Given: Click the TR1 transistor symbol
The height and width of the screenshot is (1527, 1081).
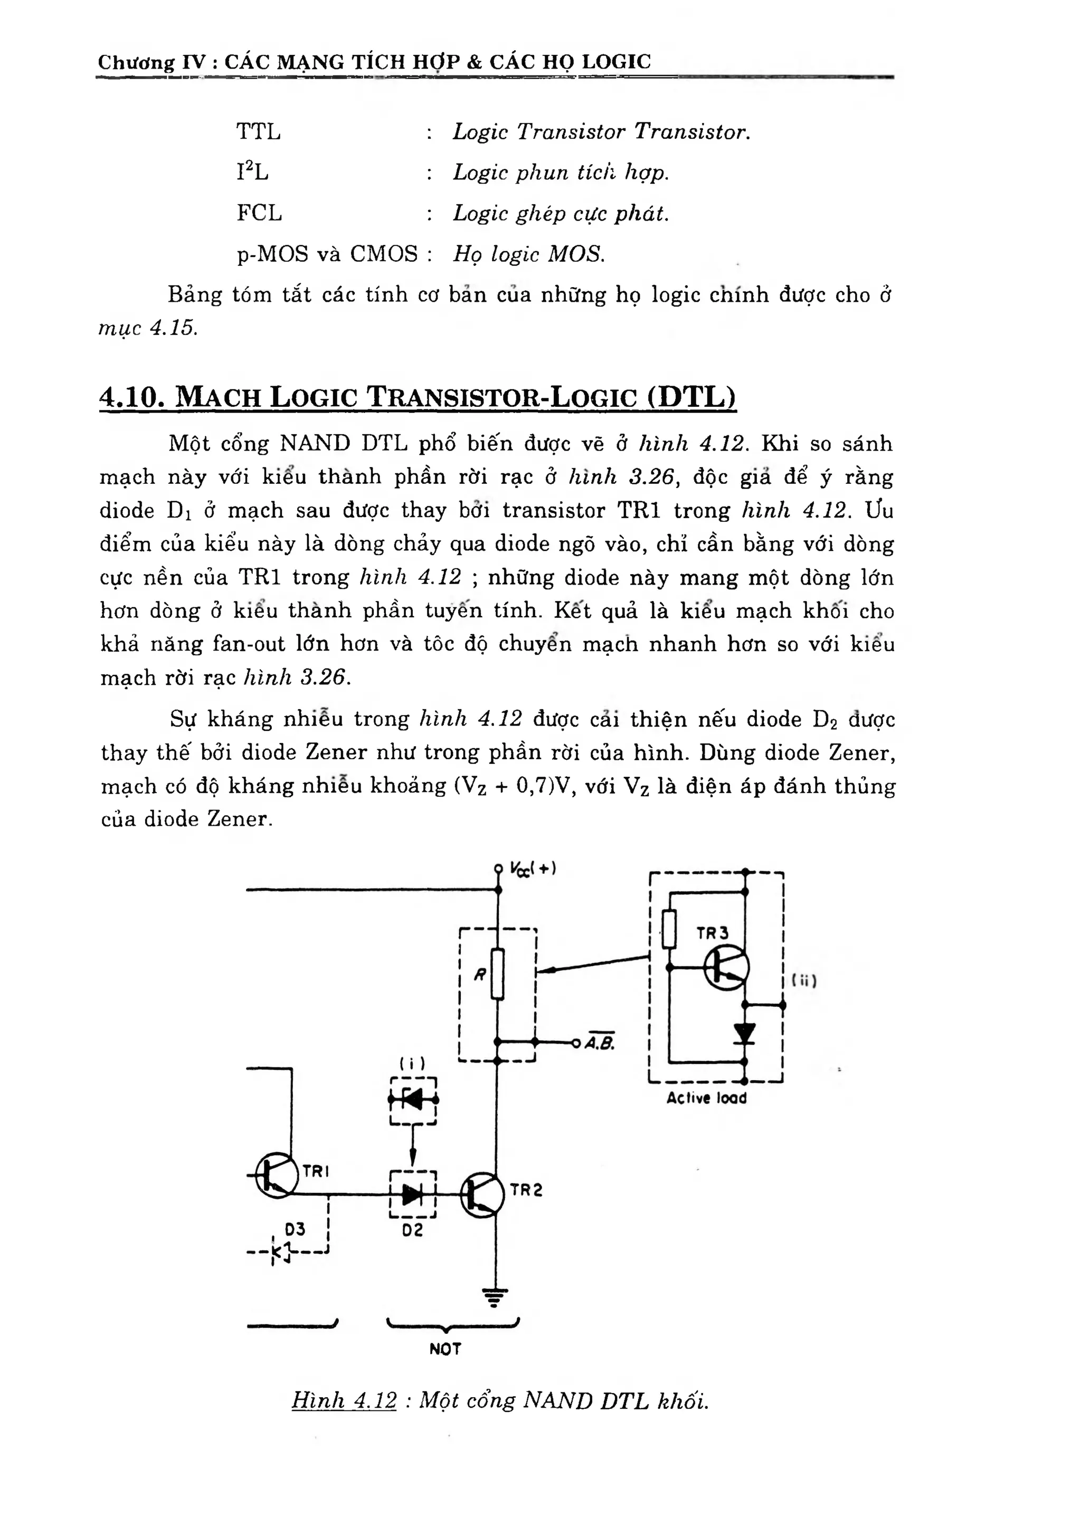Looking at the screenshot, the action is coord(276,1176).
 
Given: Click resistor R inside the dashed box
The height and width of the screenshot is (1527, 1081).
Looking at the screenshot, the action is coord(497,974).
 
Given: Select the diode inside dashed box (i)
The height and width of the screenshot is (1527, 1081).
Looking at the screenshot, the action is coord(413,1101).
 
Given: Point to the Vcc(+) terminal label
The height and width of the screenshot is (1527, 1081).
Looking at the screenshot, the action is coord(533,869).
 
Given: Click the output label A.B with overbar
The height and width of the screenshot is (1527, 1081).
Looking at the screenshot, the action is coord(600,1043).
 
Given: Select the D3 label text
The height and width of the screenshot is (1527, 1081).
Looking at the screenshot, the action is coord(295,1229).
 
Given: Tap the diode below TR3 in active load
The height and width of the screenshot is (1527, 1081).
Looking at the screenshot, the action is coord(744,1033).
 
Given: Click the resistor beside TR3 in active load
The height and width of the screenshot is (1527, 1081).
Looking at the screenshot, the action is coord(669,929).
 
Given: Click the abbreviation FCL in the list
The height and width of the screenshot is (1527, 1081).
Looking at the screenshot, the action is coord(259,213).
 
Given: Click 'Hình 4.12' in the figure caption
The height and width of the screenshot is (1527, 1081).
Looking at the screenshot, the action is coord(344,1400).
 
